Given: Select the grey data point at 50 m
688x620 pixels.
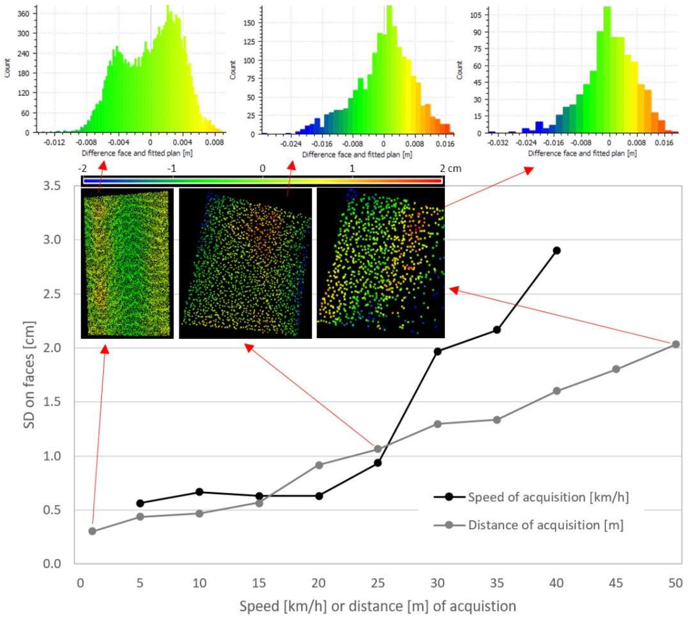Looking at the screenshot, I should click(x=675, y=344).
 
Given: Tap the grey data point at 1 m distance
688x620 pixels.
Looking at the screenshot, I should click(x=92, y=531).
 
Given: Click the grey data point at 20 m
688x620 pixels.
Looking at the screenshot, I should click(x=319, y=465).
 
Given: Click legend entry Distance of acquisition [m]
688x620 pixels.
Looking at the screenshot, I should click(x=545, y=525).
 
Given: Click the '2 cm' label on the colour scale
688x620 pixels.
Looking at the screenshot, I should click(x=450, y=169).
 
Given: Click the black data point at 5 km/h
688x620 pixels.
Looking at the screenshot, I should click(x=140, y=503).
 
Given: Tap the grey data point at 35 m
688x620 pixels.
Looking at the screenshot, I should click(x=497, y=420).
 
